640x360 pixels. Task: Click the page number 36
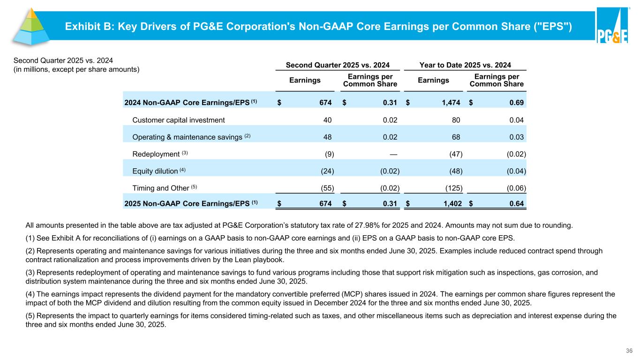[x=629, y=351]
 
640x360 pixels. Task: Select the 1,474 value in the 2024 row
[x=449, y=102]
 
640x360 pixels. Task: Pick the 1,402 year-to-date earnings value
[x=449, y=203]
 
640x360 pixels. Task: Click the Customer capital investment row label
[x=179, y=120]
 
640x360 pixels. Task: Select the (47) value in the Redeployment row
[x=454, y=154]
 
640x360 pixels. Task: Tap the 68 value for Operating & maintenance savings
[x=455, y=137]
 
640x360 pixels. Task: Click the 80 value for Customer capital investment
[x=455, y=120]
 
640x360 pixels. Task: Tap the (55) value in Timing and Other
[x=327, y=188]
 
